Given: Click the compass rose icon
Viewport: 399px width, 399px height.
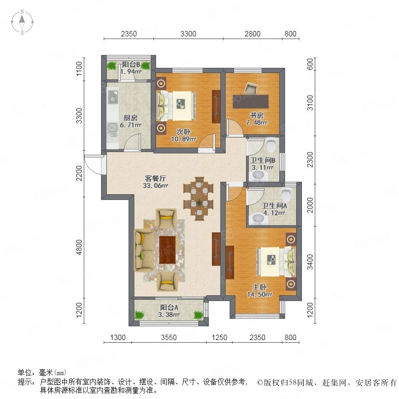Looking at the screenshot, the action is [22, 22].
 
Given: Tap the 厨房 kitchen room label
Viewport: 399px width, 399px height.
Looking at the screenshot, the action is [130, 118].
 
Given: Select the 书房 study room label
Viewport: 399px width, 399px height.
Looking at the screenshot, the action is [257, 115].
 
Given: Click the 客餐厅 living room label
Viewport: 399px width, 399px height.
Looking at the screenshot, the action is [155, 178].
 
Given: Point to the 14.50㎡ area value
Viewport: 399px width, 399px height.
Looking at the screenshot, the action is [259, 294].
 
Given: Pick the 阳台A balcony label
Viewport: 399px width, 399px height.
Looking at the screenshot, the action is [169, 307].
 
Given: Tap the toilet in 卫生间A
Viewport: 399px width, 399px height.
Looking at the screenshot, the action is [287, 194].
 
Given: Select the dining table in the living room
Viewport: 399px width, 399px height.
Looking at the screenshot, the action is [199, 199].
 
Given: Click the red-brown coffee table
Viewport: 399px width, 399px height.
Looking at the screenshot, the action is [168, 250].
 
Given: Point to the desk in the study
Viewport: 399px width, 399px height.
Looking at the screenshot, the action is [250, 102].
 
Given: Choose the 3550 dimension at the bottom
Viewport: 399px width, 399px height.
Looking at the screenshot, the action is [169, 337].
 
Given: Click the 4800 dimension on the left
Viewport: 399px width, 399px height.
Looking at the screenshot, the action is [79, 247].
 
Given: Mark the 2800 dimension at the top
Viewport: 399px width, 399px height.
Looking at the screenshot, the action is [252, 34].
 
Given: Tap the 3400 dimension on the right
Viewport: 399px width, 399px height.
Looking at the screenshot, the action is [310, 262].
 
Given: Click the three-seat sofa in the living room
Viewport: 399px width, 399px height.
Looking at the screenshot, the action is [144, 250].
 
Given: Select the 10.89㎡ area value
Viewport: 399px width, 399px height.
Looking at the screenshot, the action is [184, 139].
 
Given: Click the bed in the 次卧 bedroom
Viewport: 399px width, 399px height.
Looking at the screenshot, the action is [176, 106].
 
